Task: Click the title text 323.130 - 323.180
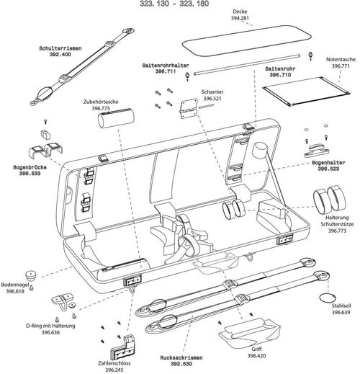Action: [180, 5]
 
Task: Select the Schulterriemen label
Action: [60, 48]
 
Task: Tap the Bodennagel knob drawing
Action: [32, 277]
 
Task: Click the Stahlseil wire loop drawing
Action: [328, 295]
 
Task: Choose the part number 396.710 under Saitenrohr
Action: [280, 74]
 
